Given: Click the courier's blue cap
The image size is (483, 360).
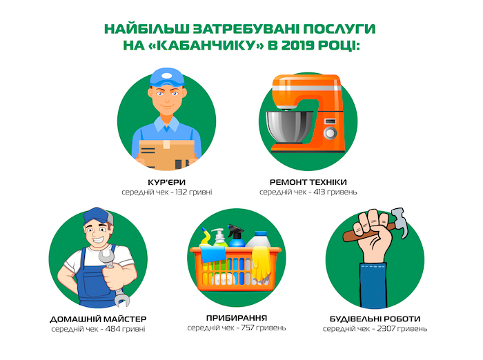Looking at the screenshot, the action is [167, 77].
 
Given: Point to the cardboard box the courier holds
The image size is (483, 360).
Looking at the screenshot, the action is [166, 154].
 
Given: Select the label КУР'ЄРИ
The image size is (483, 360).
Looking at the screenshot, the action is [167, 182].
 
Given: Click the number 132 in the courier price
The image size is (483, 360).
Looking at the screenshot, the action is [181, 192].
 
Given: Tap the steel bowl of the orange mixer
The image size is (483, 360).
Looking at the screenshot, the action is [288, 126].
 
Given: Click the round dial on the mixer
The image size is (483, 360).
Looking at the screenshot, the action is [330, 133].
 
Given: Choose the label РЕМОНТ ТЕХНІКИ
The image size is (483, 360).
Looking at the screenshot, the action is [308, 182].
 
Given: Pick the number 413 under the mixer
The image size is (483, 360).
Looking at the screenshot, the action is [319, 192].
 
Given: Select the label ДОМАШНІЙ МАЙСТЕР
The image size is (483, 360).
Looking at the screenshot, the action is [98, 319].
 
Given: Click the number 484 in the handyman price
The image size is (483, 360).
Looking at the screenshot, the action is [112, 329].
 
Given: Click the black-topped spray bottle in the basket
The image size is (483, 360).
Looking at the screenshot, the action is [236, 236].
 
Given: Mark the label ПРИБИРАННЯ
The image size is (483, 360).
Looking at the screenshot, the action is [237, 317].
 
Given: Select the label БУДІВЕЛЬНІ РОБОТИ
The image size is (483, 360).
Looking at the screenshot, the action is [375, 319].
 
